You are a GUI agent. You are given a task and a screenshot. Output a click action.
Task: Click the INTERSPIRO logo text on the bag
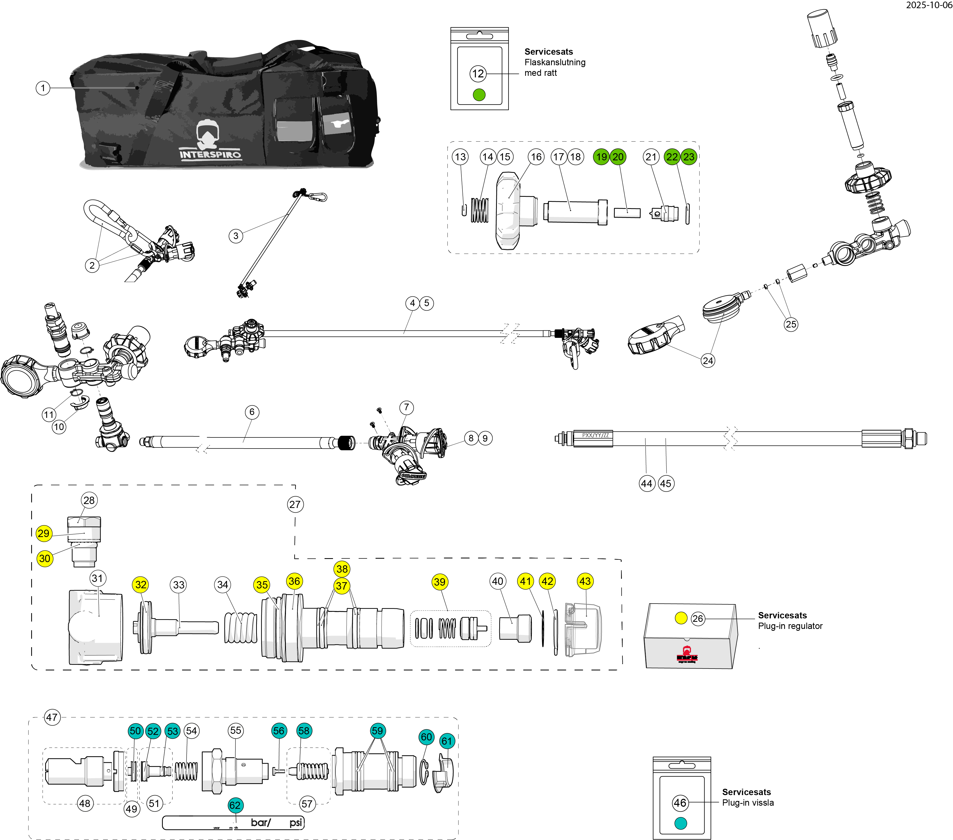point(210,154)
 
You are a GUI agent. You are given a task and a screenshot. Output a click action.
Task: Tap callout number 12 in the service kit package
point(478,74)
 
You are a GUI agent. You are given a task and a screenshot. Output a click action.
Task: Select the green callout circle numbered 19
point(602,157)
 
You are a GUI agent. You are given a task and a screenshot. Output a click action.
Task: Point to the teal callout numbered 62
point(235,805)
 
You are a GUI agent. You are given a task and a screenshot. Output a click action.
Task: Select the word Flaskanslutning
point(555,62)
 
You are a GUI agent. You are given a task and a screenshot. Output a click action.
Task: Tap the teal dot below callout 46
point(681,824)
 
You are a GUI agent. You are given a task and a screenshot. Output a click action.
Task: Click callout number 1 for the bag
point(43,88)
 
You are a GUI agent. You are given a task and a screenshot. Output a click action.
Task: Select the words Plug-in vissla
point(748,803)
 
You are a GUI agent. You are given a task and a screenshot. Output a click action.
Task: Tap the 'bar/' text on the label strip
point(260,822)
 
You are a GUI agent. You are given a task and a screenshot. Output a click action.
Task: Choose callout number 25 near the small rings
point(791,324)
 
